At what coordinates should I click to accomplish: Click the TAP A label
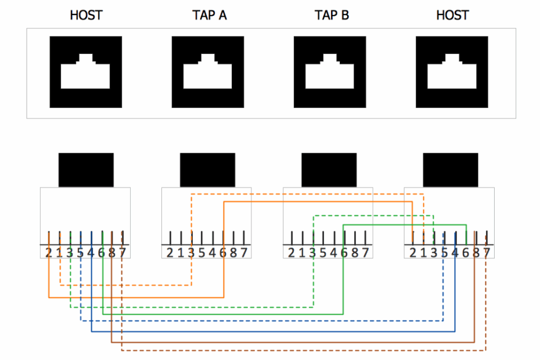tap(210, 16)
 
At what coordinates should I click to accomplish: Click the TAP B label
tap(332, 16)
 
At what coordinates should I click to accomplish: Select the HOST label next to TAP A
tap(86, 16)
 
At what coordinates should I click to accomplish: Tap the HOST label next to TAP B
tap(452, 16)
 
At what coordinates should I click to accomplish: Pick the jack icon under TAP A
tap(207, 72)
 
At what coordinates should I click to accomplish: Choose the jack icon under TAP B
tap(329, 72)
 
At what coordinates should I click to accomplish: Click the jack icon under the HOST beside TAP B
tap(452, 72)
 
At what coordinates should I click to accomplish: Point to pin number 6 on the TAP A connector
tap(223, 253)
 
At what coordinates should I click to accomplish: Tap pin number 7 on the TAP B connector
tap(365, 253)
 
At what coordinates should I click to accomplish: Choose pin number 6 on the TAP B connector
tap(344, 253)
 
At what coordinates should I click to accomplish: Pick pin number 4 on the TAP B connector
tap(334, 253)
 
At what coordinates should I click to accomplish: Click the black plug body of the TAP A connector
tap(207, 170)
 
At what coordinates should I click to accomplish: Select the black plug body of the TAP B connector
tap(329, 170)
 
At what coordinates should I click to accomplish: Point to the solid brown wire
tap(290, 342)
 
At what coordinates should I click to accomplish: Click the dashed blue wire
tap(261, 320)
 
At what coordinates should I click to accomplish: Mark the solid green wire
tap(232, 314)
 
